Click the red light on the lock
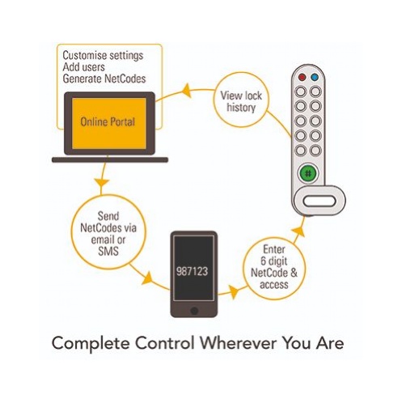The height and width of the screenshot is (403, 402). (x=302, y=78)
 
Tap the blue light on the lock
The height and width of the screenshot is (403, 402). (x=315, y=78)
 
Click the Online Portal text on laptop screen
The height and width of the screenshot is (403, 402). (x=108, y=122)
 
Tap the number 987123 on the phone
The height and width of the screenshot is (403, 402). (x=193, y=271)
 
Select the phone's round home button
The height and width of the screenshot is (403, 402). (x=194, y=311)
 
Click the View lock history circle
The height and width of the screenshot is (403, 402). (x=241, y=100)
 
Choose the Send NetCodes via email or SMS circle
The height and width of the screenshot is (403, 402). (x=108, y=232)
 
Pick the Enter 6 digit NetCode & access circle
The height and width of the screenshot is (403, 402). (x=274, y=268)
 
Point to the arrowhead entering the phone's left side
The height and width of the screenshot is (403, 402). (x=148, y=278)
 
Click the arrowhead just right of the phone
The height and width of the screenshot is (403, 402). (x=234, y=291)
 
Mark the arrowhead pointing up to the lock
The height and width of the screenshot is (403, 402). (x=298, y=232)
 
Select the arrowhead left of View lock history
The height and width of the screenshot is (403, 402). (x=187, y=91)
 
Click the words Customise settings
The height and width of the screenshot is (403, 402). (x=103, y=56)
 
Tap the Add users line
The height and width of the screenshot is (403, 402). (x=83, y=67)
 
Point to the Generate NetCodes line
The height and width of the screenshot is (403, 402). (x=104, y=78)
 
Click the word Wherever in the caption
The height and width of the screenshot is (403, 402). (x=238, y=343)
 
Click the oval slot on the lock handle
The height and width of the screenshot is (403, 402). (x=319, y=201)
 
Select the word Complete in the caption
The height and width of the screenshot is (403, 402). (x=91, y=344)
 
